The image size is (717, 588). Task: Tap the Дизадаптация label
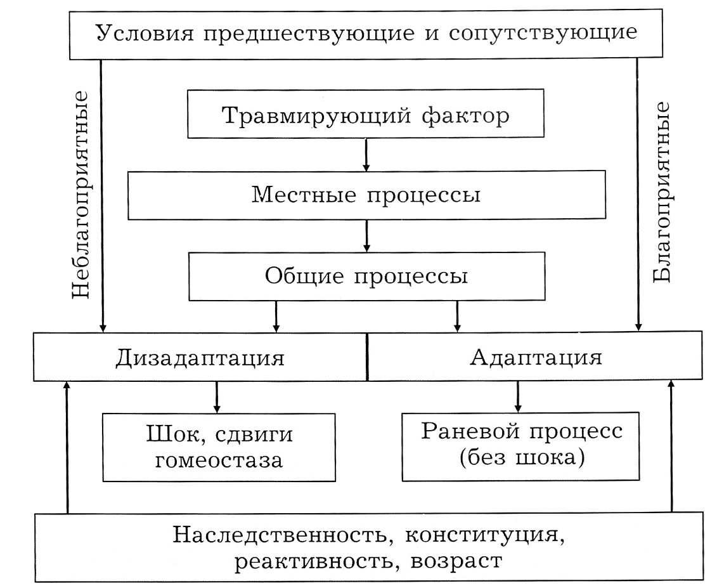(x=200, y=358)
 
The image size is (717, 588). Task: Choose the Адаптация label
(x=536, y=357)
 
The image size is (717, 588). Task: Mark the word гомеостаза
(x=219, y=460)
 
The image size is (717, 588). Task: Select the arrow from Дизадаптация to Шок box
(x=217, y=397)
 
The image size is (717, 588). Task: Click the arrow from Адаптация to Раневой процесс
(x=518, y=397)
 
